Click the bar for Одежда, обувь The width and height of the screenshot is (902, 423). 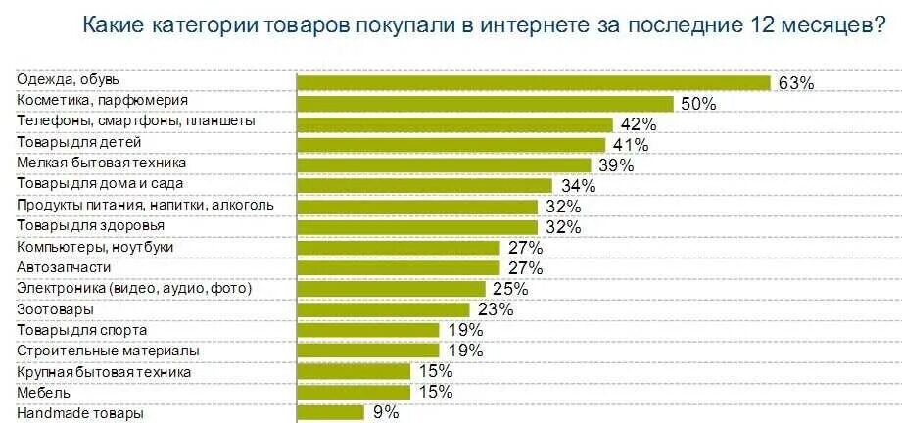pos(534,83)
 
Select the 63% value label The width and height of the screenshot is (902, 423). pos(796,83)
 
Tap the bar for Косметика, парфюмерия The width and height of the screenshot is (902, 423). pos(485,104)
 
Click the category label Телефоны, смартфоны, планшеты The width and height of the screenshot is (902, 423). pos(136,121)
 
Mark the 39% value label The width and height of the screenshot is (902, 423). pos(617,165)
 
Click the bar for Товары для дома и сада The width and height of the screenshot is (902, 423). pos(425,186)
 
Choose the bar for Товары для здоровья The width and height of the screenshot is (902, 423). pos(417,227)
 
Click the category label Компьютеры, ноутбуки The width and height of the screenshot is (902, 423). pos(95,246)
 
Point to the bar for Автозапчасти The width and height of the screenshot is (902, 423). pos(399,268)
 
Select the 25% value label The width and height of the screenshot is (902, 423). pos(510,289)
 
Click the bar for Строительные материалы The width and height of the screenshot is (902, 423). pos(367,350)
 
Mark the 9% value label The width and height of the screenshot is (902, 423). pos(385,413)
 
